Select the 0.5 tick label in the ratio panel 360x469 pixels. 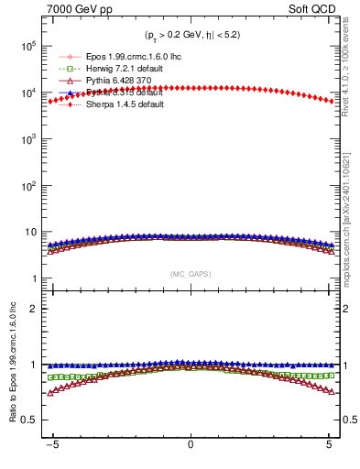coord(28,420)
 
